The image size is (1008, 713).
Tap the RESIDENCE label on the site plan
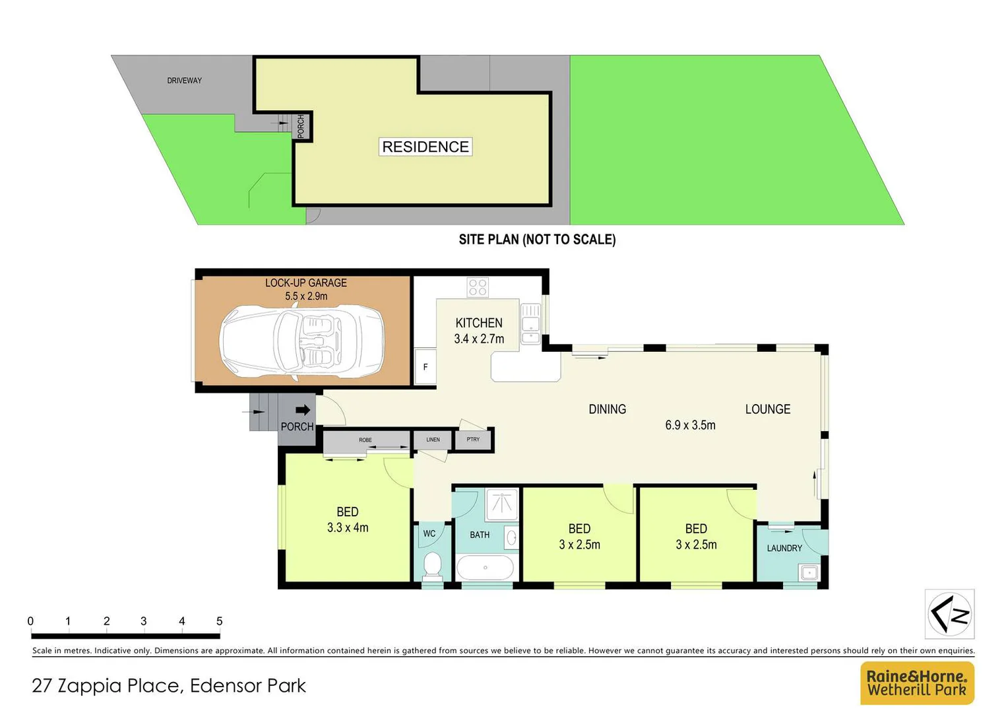(x=425, y=147)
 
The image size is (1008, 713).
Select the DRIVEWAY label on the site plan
(x=184, y=81)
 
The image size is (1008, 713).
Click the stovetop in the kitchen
(x=478, y=287)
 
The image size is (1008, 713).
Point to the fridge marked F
(x=425, y=367)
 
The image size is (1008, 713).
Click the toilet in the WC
(x=432, y=565)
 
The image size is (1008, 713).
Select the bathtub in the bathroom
(x=485, y=568)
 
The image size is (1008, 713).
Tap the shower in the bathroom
(x=503, y=504)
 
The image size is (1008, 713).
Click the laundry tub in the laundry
(x=809, y=572)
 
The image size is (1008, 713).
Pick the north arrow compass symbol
(x=949, y=614)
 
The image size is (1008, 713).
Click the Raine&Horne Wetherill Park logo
(x=917, y=683)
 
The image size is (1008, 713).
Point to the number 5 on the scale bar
(x=219, y=621)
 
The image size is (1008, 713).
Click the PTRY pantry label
(x=473, y=440)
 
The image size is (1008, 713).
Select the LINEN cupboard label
(x=433, y=440)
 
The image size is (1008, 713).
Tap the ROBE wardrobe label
(x=365, y=440)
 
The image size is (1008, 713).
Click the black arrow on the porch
(x=303, y=410)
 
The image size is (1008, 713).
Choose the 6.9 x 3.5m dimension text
(x=690, y=425)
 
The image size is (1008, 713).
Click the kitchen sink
(x=530, y=323)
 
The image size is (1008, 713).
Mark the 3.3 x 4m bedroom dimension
(x=348, y=527)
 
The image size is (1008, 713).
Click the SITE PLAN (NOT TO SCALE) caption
(x=537, y=240)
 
